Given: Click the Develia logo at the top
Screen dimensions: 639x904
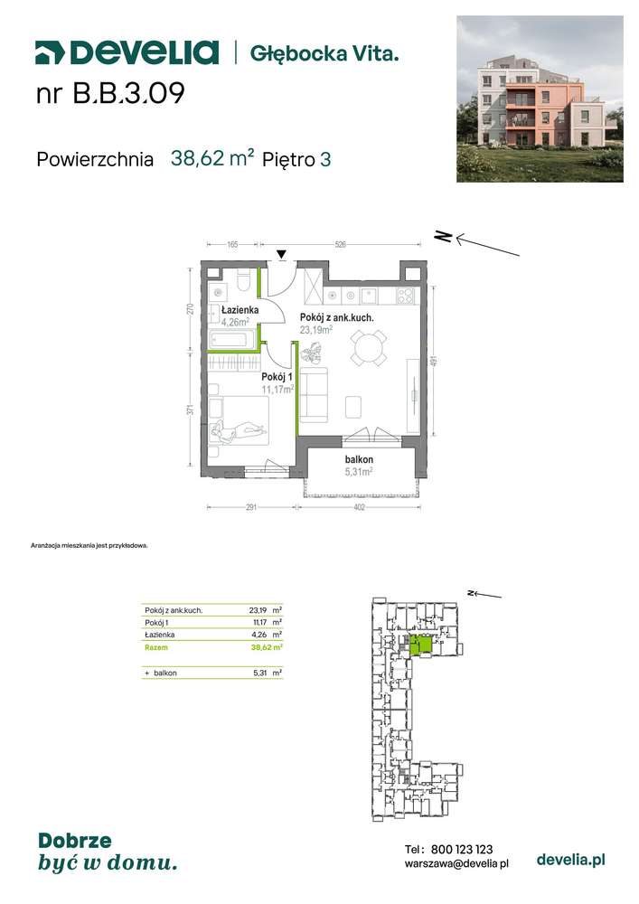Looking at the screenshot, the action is (127, 52).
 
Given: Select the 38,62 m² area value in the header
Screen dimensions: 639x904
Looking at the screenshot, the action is (212, 158).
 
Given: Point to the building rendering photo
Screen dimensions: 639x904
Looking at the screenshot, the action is (540, 99).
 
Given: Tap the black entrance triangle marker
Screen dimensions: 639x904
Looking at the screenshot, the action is (281, 254).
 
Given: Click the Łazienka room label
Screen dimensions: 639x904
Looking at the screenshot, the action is (240, 309).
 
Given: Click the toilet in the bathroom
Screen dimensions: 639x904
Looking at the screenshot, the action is (243, 279).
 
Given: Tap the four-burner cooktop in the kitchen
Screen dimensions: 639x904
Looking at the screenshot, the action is (405, 296).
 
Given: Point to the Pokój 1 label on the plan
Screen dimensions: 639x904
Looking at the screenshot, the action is (277, 376).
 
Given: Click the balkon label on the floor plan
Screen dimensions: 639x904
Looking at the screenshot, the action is (359, 459).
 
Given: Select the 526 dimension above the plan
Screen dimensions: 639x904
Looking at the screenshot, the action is (340, 244).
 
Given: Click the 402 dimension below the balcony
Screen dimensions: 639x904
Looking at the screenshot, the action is (359, 507).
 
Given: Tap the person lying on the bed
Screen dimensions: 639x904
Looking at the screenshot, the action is (239, 430).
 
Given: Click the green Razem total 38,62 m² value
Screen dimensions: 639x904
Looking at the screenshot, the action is (267, 647).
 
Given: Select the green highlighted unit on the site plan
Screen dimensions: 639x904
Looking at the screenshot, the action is (420, 645).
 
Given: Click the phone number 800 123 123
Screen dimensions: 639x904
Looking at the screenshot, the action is (462, 849).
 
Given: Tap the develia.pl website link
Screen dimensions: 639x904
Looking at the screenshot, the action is (570, 860).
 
